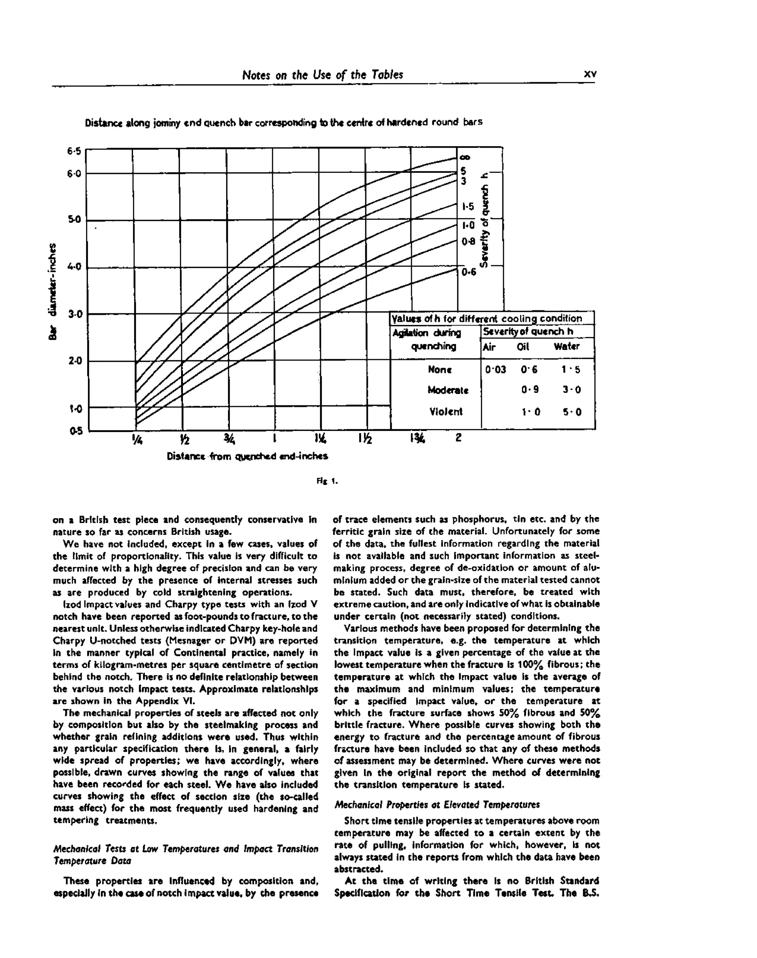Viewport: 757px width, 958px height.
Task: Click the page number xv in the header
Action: tap(590, 74)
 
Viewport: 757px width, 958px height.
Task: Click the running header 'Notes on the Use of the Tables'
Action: tap(322, 74)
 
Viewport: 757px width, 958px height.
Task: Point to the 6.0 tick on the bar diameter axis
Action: tap(74, 173)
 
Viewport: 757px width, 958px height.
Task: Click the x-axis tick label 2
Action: tap(458, 438)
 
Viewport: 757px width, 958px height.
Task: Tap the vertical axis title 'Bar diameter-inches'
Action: tap(53, 291)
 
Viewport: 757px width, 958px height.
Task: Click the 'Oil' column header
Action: tap(523, 347)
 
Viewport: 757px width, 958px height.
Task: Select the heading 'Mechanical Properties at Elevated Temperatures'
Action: tap(437, 804)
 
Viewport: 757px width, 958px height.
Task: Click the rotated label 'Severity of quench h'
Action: tap(485, 220)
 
